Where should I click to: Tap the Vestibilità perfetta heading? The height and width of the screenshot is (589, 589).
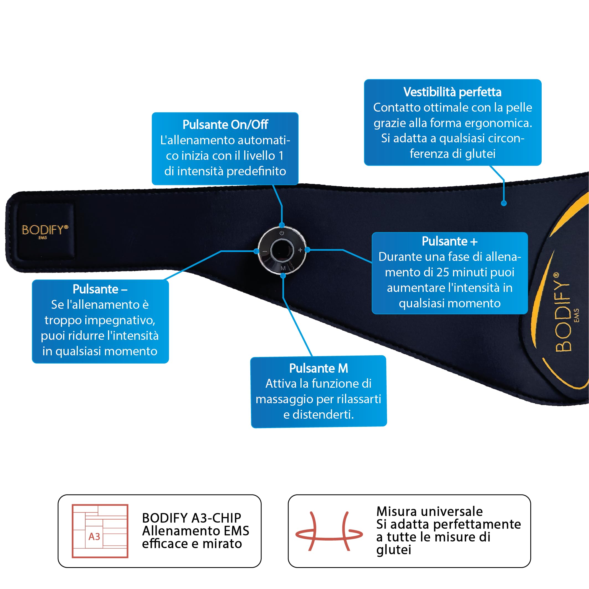[x=452, y=92]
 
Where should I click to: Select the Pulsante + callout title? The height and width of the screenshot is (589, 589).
[x=450, y=241]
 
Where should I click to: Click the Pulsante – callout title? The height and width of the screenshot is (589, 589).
[x=100, y=289]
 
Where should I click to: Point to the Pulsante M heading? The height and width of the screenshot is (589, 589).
[x=318, y=368]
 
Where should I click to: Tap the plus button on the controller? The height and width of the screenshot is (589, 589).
[x=300, y=250]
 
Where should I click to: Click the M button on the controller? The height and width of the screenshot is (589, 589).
[x=283, y=268]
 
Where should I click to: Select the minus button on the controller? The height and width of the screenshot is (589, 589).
[x=265, y=251]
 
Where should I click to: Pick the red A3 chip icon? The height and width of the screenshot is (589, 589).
[x=100, y=531]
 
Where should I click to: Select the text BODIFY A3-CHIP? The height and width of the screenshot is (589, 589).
[x=191, y=518]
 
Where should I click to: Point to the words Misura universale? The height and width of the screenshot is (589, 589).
[x=429, y=511]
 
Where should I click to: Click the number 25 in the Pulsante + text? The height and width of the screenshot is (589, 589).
[x=443, y=272]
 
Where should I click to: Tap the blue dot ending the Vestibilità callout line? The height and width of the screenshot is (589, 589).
[x=504, y=203]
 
